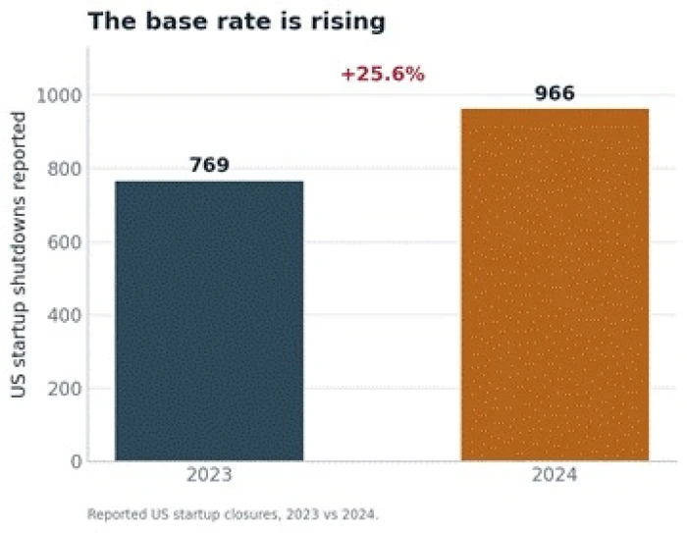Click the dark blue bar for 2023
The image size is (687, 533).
coord(209,321)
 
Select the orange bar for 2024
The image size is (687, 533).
coord(555,285)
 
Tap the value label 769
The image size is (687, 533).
coord(209,165)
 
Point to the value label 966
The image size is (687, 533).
coord(555,93)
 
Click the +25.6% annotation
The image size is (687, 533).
coord(383,74)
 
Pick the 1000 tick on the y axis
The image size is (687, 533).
coord(59,95)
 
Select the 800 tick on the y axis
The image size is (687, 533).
coord(65,169)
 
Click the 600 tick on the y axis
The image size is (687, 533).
coord(65,241)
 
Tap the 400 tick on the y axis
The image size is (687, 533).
coord(65,315)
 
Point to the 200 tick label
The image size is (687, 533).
coord(65,389)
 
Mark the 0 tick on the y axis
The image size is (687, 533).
coord(77,461)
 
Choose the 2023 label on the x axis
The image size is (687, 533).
coord(209,475)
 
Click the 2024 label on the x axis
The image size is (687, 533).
coord(555,475)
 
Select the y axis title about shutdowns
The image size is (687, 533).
coord(19,254)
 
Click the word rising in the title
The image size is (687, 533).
coord(347,22)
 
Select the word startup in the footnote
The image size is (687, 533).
coord(196,514)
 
